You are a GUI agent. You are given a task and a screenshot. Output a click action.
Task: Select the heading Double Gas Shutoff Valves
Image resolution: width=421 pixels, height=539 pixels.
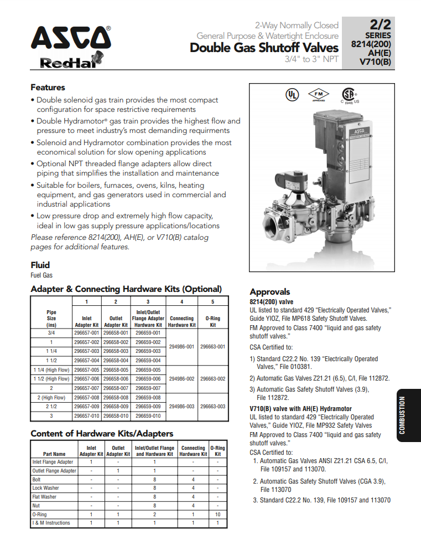[264, 48]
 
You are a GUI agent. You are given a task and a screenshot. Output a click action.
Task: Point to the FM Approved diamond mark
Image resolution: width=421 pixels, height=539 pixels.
[318, 94]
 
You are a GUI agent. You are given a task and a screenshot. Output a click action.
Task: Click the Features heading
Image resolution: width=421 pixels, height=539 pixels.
[48, 88]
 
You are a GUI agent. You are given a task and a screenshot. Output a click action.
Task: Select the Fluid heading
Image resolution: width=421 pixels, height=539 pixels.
[40, 265]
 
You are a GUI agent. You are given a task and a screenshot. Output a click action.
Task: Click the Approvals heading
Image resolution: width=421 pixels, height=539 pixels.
[269, 291]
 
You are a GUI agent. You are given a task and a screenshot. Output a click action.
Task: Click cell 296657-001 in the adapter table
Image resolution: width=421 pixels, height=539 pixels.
[87, 333]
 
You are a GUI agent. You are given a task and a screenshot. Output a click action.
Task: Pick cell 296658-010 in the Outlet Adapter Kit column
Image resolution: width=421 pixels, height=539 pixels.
[116, 415]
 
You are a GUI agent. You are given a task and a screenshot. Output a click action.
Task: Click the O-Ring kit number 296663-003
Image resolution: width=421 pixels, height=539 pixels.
[212, 407]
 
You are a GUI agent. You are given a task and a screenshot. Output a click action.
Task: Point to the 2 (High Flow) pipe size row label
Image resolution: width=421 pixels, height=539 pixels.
[51, 397]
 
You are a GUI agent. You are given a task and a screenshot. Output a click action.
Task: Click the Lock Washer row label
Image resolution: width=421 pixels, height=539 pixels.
[45, 488]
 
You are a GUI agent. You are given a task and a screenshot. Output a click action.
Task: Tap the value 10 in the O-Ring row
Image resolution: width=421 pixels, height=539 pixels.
[217, 514]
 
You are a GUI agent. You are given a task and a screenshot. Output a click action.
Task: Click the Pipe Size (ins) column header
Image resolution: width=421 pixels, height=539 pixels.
[51, 319]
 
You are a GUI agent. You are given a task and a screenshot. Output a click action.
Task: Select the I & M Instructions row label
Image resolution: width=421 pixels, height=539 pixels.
[51, 522]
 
